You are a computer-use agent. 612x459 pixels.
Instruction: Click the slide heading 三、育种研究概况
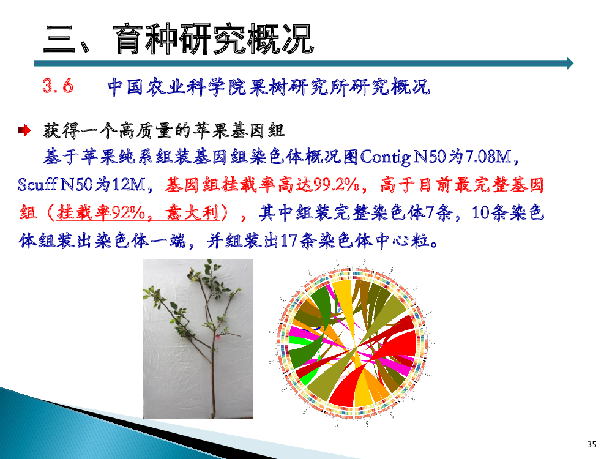[178, 39]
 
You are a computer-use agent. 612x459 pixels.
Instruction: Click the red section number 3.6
[58, 86]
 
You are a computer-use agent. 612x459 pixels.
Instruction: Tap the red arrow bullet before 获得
[24, 130]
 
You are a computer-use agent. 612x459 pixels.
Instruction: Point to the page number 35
[592, 444]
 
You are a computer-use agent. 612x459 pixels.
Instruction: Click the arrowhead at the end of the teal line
[570, 63]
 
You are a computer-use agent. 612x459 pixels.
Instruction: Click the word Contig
[385, 157]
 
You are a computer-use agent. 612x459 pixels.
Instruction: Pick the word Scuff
[38, 184]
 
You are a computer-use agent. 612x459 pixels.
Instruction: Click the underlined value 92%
[129, 213]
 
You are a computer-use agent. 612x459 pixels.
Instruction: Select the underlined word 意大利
[192, 213]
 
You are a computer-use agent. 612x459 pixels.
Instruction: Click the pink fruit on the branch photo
[218, 336]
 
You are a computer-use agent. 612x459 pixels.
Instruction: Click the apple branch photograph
[198, 339]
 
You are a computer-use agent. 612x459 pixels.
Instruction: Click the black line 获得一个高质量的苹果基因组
[164, 130]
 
